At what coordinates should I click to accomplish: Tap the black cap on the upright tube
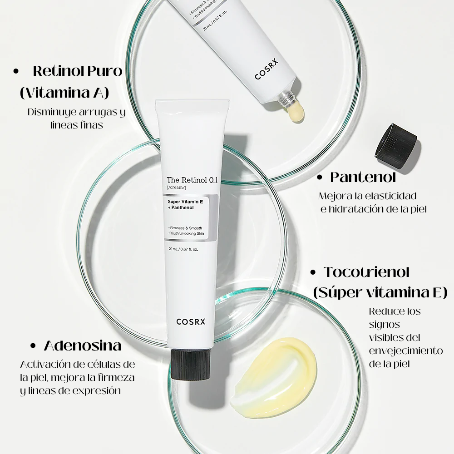(190, 364)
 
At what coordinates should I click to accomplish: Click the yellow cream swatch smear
(273, 377)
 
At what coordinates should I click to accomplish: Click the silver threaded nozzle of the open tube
(286, 99)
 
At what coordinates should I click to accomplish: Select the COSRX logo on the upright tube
(191, 322)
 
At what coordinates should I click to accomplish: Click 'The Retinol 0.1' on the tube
(192, 180)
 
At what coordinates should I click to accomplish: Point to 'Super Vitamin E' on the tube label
(185, 202)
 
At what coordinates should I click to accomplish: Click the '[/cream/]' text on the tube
(176, 188)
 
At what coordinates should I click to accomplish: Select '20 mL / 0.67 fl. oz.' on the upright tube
(183, 249)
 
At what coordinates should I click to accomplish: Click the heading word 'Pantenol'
(363, 177)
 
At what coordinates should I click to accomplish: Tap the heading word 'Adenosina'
(83, 345)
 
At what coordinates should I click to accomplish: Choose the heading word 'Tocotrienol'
(367, 272)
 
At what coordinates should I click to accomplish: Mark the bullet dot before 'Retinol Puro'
(16, 72)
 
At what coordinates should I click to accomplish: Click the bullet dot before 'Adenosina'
(33, 345)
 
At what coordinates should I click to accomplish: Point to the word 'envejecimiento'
(406, 351)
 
